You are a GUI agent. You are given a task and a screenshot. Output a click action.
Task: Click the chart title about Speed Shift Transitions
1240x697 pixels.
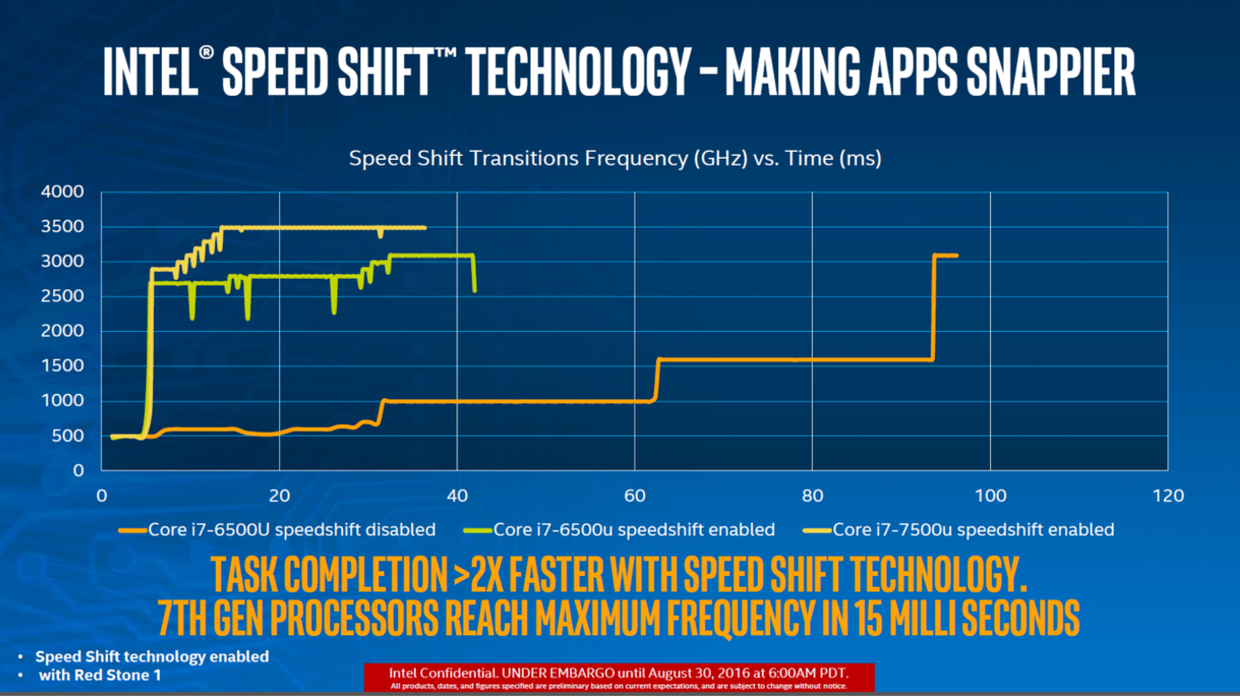coord(615,159)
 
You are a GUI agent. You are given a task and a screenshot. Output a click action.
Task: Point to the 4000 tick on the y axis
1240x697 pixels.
coord(63,192)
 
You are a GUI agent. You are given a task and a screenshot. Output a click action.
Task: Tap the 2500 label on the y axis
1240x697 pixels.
coord(63,296)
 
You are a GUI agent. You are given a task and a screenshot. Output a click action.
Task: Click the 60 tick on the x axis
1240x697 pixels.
coord(635,496)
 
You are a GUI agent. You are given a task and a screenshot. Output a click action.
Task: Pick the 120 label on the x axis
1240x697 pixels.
coord(1167,496)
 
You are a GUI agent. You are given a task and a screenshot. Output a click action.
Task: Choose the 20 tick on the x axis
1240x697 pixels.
coord(279,496)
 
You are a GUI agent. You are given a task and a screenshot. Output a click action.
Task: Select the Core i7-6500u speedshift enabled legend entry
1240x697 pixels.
coord(634,530)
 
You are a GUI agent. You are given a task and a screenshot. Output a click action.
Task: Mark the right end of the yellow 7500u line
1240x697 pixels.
coord(423,227)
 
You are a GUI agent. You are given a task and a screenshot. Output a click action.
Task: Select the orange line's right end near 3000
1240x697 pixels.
coord(956,256)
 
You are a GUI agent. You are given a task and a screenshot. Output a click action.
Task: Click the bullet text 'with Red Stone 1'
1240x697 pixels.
coord(100,675)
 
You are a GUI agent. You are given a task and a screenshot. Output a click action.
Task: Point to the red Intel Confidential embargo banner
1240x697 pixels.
coord(619,678)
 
